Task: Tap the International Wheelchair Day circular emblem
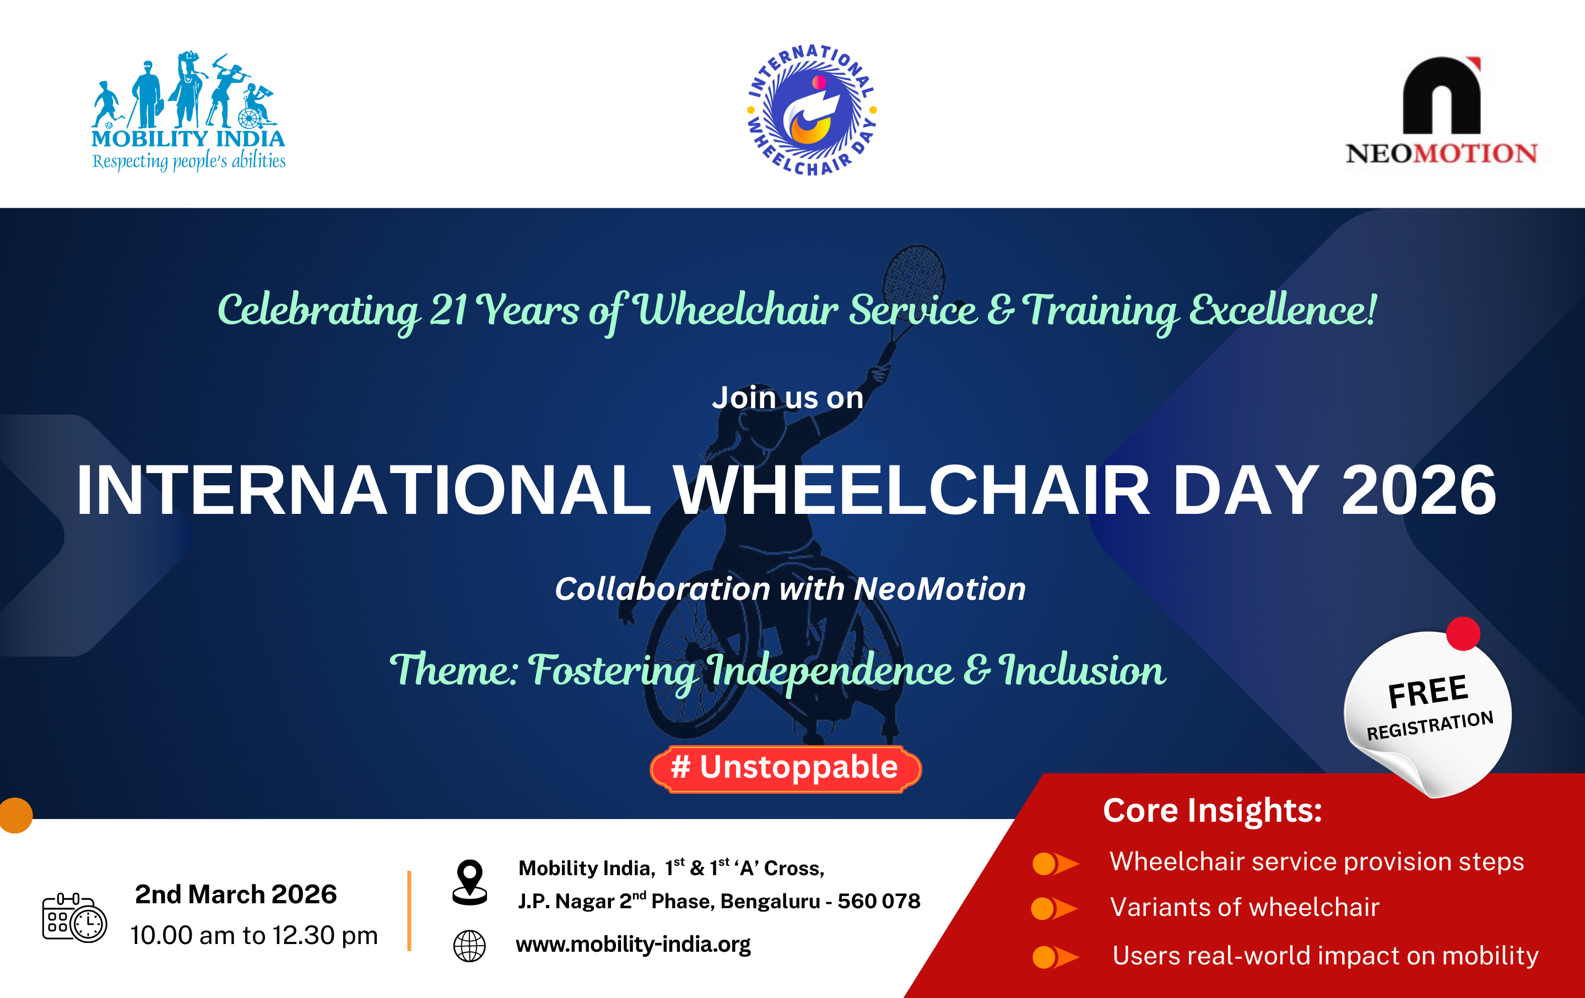pos(812,110)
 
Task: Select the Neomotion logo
pos(1442,111)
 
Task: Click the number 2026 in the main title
pos(1419,490)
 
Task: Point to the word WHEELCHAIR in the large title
pos(911,490)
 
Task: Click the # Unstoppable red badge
pos(785,768)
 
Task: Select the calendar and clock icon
pos(74,917)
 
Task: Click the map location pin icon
pos(470,882)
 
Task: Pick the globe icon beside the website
pos(469,946)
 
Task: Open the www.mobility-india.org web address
pos(633,944)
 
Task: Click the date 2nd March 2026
pos(236,894)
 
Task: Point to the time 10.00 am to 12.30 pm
pos(254,935)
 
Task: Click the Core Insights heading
pos(1213,810)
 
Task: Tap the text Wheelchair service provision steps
pos(1317,861)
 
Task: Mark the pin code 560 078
pos(879,901)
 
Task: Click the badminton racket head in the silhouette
pos(913,275)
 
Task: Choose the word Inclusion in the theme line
pos(1082,670)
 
